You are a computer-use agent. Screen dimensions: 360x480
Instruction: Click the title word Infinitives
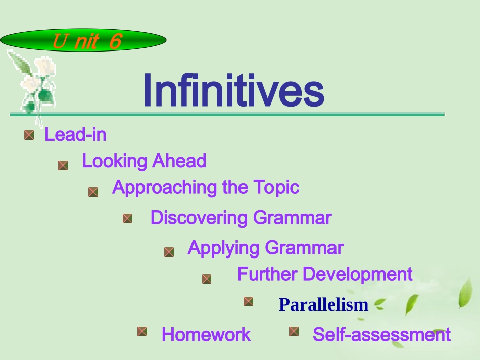tap(233, 91)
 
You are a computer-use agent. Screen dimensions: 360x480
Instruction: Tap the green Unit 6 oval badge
tap(83, 40)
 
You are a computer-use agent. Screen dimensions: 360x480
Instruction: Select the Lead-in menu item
tap(75, 135)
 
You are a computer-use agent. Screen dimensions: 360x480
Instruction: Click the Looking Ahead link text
tap(144, 161)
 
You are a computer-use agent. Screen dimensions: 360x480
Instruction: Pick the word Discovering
tap(199, 218)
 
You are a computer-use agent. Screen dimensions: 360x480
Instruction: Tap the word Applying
tap(224, 248)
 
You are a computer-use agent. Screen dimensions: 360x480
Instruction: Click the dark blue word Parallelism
tap(323, 304)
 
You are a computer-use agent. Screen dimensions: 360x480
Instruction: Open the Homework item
tap(206, 334)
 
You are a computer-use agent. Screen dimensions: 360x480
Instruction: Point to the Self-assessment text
tap(381, 334)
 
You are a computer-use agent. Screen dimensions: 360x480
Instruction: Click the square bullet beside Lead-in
tap(29, 135)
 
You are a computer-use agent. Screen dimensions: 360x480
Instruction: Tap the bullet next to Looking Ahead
tap(63, 165)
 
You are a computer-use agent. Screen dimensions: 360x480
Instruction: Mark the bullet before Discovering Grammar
tap(127, 218)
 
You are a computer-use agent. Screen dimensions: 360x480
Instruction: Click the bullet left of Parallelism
tap(248, 301)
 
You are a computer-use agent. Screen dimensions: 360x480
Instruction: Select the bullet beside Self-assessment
tap(294, 331)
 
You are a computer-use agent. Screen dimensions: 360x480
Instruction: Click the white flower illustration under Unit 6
tap(34, 83)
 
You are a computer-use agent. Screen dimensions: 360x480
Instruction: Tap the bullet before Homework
tap(142, 331)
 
